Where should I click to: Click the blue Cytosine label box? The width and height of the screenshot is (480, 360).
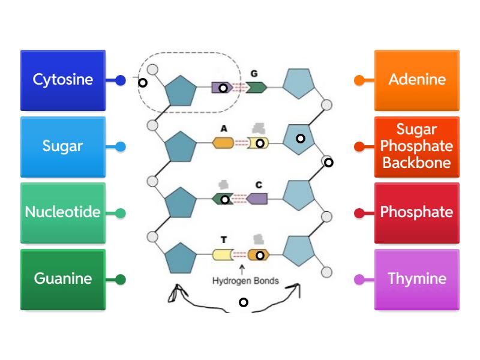(63, 80)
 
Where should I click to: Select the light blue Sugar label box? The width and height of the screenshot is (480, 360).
(63, 146)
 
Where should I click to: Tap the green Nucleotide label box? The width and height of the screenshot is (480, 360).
(63, 212)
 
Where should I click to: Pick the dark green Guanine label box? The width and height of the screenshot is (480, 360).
(63, 279)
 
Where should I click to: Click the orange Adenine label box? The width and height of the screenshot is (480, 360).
(417, 80)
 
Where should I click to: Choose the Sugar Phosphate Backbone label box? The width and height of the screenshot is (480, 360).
(417, 146)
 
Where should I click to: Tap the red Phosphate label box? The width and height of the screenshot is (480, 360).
(417, 212)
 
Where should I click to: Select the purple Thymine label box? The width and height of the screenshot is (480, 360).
(417, 279)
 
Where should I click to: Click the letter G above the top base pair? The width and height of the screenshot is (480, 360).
(254, 73)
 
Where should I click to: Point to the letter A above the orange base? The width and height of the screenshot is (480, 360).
(224, 128)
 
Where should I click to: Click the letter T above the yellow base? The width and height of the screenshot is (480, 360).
(224, 240)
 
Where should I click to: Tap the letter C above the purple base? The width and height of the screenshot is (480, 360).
(258, 185)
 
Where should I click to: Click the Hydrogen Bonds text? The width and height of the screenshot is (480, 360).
(245, 281)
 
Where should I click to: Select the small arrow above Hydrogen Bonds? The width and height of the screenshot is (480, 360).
(242, 269)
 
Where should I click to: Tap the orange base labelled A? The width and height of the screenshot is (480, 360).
(223, 143)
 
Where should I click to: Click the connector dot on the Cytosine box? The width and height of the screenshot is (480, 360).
(121, 80)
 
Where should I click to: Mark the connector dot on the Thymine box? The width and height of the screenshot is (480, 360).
(359, 279)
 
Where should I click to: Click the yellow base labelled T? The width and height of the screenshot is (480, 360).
(223, 255)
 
